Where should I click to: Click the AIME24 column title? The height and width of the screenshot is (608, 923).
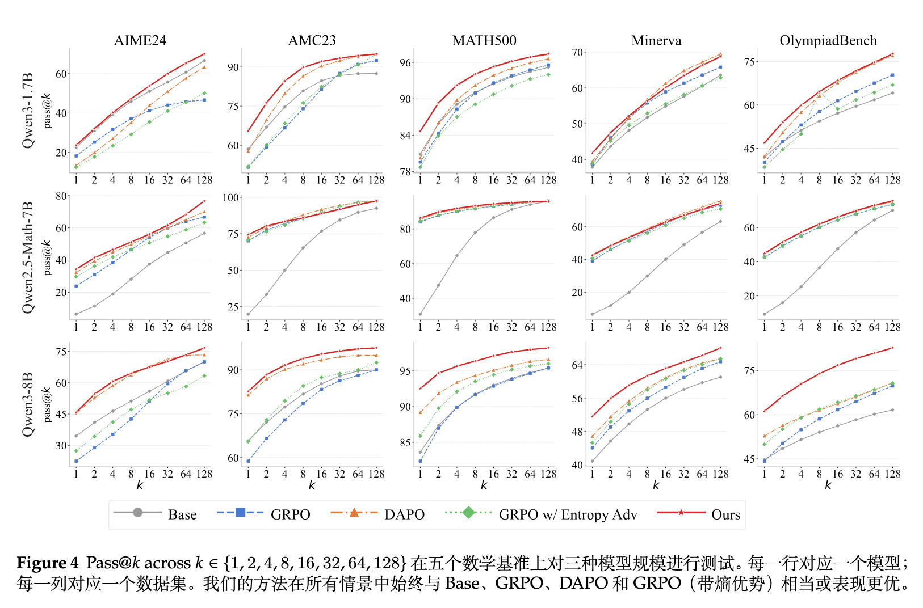140,40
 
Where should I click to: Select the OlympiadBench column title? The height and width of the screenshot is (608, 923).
828,40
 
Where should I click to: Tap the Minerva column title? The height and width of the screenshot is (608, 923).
656,40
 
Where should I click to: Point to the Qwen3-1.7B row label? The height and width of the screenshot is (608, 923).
28,111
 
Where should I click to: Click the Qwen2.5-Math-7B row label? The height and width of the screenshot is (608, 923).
28,257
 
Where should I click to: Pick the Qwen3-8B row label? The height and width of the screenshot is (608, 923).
28,404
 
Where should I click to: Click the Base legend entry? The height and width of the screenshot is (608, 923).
156,514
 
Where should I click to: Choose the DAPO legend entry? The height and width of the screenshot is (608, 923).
377,514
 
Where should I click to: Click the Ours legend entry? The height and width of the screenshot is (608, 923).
699,514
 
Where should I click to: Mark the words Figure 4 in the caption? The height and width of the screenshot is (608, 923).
48,563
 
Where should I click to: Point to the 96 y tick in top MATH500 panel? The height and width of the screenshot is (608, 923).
405,63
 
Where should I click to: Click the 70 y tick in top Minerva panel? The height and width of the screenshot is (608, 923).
577,52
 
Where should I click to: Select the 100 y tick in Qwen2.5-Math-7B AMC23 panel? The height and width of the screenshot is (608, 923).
231,198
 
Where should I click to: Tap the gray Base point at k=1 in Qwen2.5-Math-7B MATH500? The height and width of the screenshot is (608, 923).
420,314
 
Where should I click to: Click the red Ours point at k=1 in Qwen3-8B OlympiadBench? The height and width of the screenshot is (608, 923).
764,411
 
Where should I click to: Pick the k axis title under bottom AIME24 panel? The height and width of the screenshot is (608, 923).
140,485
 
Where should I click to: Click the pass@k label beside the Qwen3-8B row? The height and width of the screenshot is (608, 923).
48,404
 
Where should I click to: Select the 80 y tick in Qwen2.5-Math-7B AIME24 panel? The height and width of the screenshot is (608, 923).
61,196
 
